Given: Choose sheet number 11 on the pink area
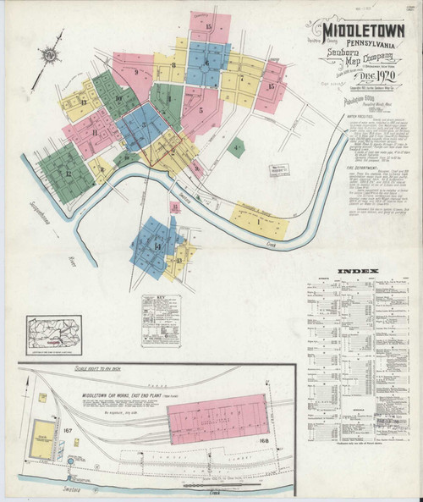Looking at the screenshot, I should click(x=96, y=134).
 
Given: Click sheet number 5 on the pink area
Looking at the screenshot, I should click(x=201, y=109).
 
